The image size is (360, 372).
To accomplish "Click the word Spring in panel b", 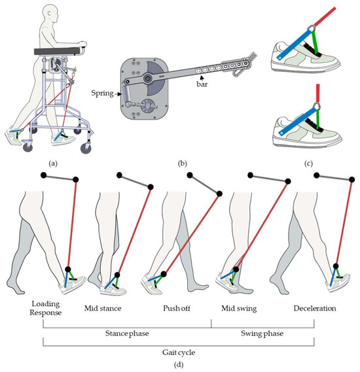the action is coord(102,93).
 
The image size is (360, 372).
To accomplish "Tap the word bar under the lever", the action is coord(202,84).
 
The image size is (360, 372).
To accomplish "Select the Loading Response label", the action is coord(46,308).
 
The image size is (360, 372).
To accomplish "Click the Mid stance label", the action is coord(103,308).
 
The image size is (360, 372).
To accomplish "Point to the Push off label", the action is coord(177,308).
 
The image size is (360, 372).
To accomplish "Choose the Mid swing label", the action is coord(239,309).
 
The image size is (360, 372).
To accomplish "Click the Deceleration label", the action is coord(315,308).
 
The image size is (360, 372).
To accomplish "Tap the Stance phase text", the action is coord(127,333).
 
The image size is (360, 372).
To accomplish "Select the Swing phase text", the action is coord(262,333).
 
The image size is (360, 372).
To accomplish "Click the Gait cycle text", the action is coord(179,352).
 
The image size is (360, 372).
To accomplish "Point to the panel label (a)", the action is coord(53,163).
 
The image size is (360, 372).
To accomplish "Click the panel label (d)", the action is coord(179,364).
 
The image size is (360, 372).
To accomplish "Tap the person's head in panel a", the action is coord(50,14).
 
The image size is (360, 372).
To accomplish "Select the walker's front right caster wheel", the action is coord(86,148).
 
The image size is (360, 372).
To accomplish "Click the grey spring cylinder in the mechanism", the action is coord(126,93).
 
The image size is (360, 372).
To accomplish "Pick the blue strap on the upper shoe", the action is coord(295,44).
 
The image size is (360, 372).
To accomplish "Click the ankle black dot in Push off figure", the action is coord(164,274).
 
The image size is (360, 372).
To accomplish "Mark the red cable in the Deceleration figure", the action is coord(344,223).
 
